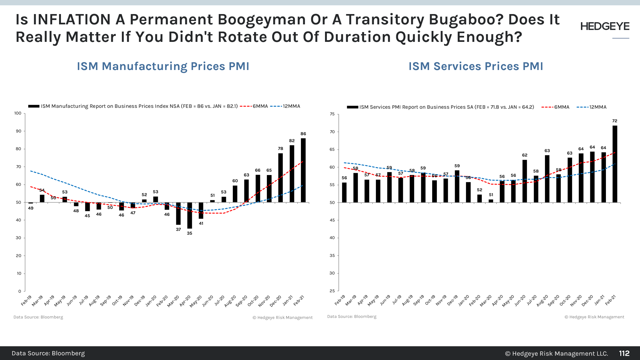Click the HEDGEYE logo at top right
click(605, 27)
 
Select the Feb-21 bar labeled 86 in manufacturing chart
click(303, 170)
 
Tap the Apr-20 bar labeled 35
click(190, 215)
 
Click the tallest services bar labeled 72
click(615, 164)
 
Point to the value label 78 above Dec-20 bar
click(281, 148)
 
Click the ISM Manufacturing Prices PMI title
click(163, 66)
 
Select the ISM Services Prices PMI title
click(476, 66)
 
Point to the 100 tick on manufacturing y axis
click(18, 113)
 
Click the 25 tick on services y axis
click(332, 291)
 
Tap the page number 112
click(624, 353)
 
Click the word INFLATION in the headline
click(72, 19)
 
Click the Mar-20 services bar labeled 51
click(491, 201)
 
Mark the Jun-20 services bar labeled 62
click(525, 181)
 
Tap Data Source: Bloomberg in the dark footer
click(48, 353)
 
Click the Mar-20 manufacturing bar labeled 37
click(178, 213)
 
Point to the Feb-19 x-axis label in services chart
click(340, 300)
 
